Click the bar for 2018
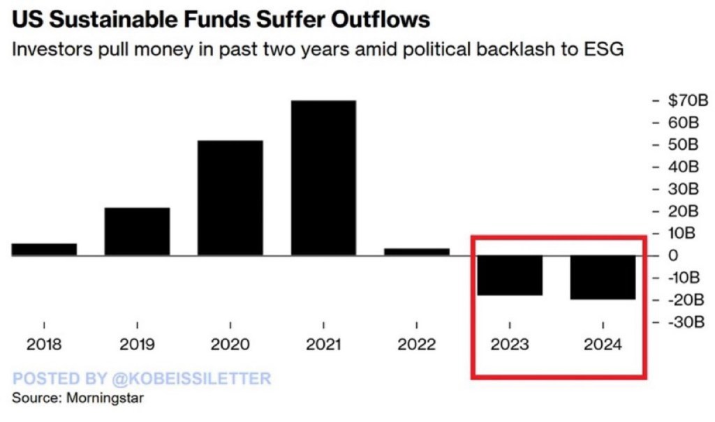coord(44,249)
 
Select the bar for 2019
coord(137,231)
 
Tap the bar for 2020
coord(230,197)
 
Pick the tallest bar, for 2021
coord(323,178)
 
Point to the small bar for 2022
coord(417,251)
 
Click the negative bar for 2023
coord(510,275)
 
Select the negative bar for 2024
coord(603,277)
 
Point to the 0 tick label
coord(672,255)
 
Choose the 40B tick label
coord(684,167)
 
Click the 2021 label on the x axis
coord(323,345)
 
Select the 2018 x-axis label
coord(44,345)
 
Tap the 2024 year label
coord(603,345)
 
